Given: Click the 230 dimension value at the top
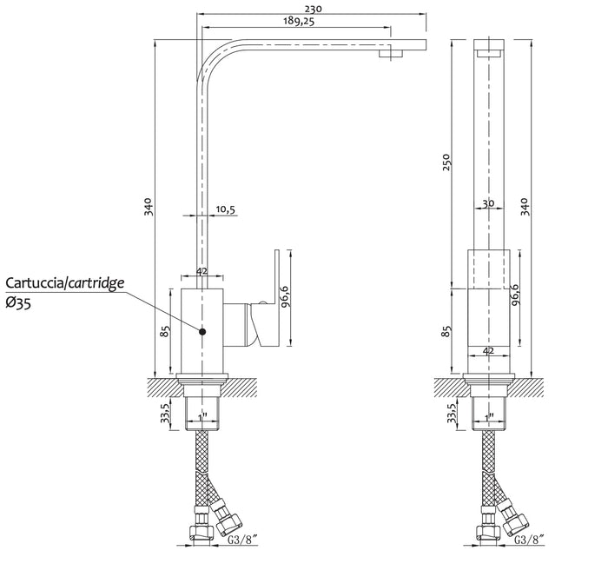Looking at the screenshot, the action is [314, 9].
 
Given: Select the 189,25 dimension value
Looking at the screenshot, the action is [298, 21].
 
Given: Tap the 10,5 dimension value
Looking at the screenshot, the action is [225, 209].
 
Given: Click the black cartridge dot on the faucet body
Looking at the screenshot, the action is [202, 331].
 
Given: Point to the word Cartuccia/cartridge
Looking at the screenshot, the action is [65, 283].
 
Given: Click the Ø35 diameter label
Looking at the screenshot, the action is [18, 303].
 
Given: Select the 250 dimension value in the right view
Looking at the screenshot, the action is [446, 162].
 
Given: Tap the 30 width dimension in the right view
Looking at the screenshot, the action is [488, 203].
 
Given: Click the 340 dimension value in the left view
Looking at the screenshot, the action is [149, 207].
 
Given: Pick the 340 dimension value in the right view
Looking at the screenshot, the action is [524, 207].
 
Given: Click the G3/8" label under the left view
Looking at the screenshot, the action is [242, 539].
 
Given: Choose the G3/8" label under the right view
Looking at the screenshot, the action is [530, 539].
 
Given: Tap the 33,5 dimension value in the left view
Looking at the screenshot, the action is [165, 413].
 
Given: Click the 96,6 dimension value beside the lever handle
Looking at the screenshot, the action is [285, 296].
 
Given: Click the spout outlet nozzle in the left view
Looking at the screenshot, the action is [391, 52].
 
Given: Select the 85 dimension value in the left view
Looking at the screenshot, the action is [165, 331].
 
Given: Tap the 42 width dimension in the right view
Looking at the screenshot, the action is [488, 351].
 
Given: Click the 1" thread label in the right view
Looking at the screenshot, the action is [489, 417].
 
